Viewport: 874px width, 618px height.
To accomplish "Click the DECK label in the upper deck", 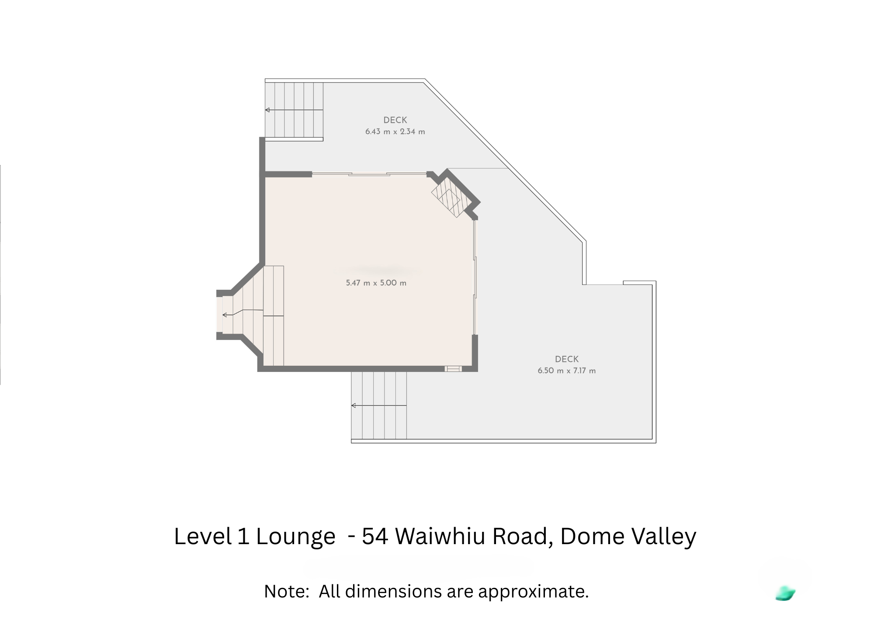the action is coord(395,120).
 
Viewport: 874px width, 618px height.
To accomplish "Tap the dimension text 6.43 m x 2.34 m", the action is coord(395,132).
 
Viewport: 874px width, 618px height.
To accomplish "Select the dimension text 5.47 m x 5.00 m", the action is coord(376,283).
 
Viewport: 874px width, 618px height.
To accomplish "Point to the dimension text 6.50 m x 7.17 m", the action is coord(566,371).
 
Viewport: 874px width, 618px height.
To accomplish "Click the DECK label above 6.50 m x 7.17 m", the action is coord(567,359).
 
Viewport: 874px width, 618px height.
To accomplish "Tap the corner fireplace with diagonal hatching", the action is coord(446,199).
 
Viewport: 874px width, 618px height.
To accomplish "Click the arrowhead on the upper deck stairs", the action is coord(267,110).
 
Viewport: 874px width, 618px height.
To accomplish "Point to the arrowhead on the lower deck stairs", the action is coord(354,406).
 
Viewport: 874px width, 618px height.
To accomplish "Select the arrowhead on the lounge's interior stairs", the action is coord(225,315).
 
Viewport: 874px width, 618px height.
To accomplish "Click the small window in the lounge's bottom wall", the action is coord(453,369).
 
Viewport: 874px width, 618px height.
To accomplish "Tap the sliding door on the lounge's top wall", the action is coord(369,174).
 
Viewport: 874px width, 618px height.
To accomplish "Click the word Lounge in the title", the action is coord(295,537).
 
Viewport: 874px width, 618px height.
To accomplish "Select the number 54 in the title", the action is coord(375,536).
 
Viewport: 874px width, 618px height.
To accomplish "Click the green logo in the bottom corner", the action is coord(785,593).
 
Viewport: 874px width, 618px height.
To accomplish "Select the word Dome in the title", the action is coord(587,536).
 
